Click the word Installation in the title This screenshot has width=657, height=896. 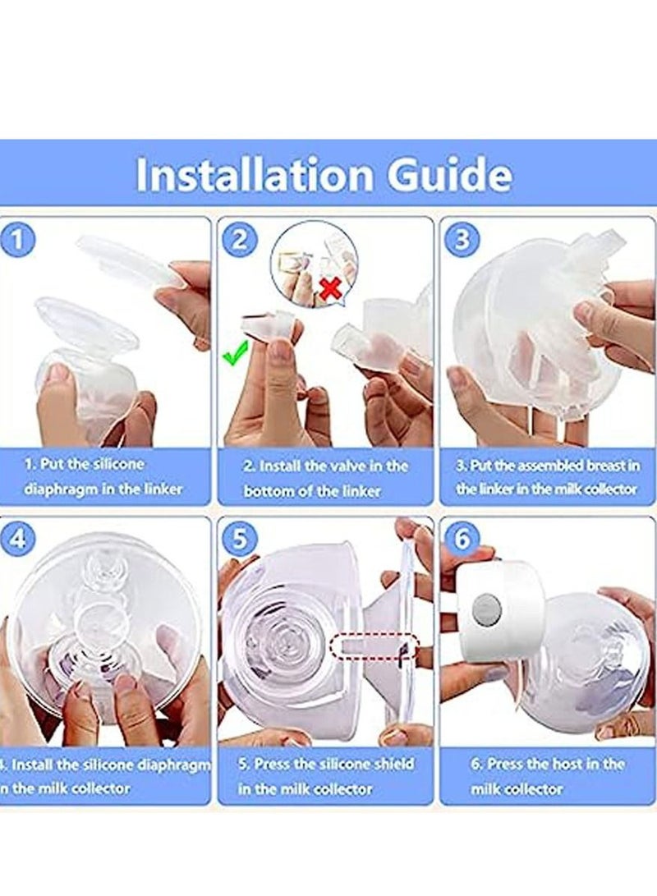255,175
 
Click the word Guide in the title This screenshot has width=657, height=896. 449,175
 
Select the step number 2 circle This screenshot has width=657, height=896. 239,240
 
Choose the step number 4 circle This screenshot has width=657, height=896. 18,539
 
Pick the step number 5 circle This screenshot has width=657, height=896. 239,539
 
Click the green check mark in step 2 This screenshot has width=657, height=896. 236,353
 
